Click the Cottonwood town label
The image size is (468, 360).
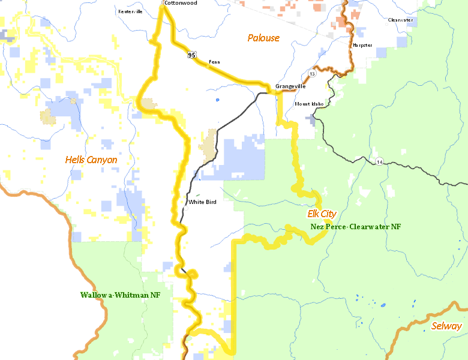coord(181,3)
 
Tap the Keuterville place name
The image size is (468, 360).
coord(130,11)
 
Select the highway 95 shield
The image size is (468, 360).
coord(191,55)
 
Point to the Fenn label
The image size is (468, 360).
coord(214,62)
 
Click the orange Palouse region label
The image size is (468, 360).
coord(263,38)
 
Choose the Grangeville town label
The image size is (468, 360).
coord(290,87)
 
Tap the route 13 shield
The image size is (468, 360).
coord(312,73)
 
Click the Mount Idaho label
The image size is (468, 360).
coord(309,104)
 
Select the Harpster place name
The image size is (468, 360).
coord(362,45)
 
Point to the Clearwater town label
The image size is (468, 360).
coord(400,20)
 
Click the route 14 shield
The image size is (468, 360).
coord(380,161)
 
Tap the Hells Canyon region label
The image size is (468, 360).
coord(91,160)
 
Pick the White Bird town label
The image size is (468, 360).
coord(202,202)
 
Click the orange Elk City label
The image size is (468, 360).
coord(322,214)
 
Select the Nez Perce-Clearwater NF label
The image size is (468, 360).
coord(355,227)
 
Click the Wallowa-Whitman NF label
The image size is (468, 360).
coord(120,295)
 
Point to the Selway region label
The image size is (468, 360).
coord(446,326)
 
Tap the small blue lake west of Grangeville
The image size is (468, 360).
coord(217,99)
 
